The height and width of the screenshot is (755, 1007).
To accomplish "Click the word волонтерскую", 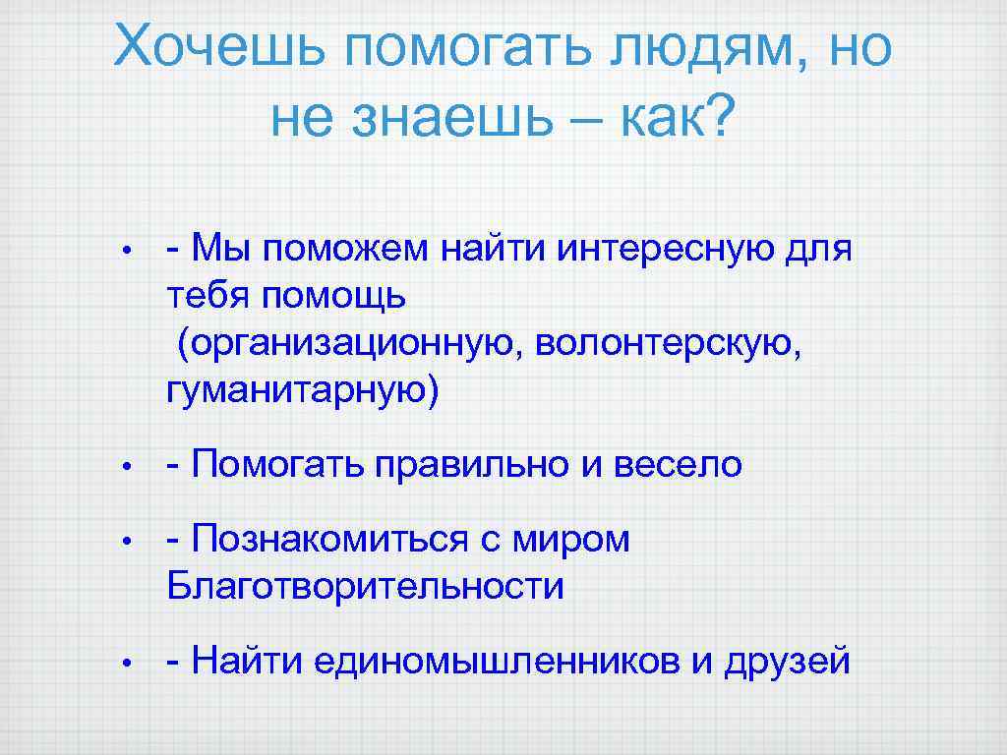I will click(x=670, y=344).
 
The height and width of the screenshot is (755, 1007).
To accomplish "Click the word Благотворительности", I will click(x=366, y=588).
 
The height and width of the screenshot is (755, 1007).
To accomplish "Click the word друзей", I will click(x=786, y=662).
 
